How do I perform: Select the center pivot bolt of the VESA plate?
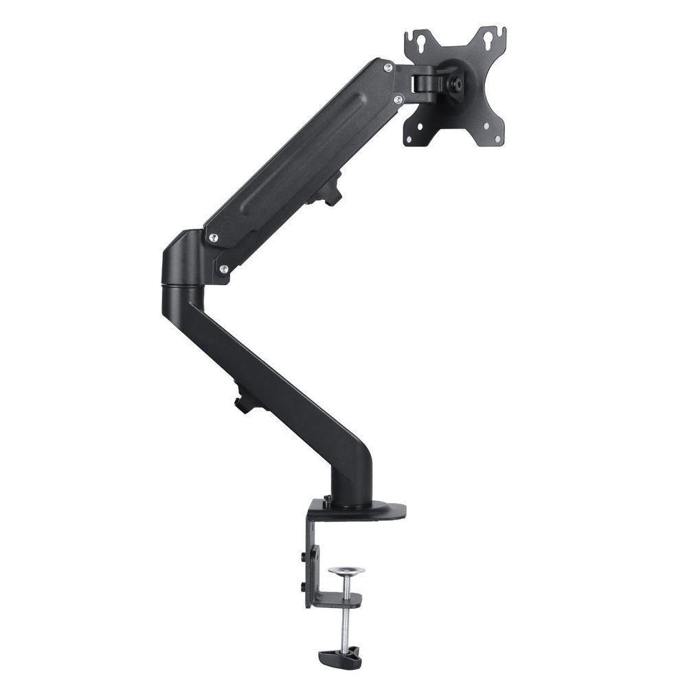(454, 82)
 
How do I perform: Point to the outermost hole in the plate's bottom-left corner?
(409, 139)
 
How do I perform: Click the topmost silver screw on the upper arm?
(387, 67)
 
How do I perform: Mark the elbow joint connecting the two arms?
(182, 264)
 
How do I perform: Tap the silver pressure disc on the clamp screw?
(346, 571)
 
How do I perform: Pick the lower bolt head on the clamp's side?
(303, 585)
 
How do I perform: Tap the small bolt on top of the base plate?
(328, 500)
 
